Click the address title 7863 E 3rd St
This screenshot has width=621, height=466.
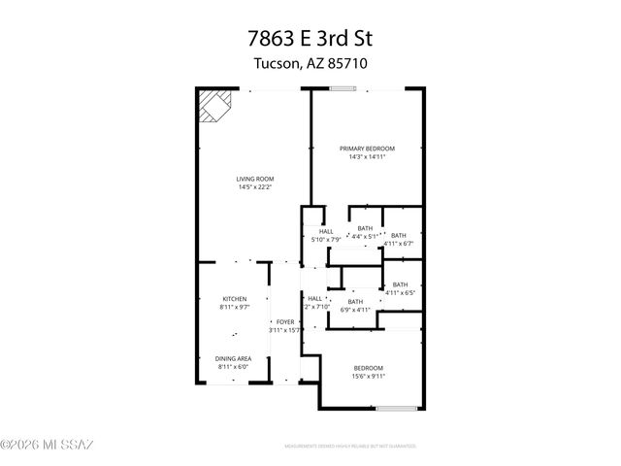pos(310,40)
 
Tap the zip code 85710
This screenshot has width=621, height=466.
pos(346,63)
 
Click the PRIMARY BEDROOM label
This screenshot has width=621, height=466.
pos(367,149)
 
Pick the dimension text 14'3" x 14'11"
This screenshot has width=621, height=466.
pos(367,156)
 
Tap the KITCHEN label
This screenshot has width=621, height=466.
pos(234,299)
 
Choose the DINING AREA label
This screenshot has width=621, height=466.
pos(233,358)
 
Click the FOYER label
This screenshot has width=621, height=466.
pos(284,321)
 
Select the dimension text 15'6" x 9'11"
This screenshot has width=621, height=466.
pos(368,376)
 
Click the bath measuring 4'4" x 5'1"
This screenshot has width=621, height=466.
pos(364,231)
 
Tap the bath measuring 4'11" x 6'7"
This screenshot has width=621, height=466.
pos(399,238)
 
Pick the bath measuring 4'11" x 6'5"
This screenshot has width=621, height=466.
pos(400,287)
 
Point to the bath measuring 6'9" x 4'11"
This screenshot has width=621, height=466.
pos(355,305)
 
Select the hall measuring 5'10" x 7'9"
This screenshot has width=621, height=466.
pos(326,235)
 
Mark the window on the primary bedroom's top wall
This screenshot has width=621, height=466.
pos(342,90)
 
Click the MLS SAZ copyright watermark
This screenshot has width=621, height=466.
pos(47,446)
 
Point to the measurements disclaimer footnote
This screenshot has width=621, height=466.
pos(350,448)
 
